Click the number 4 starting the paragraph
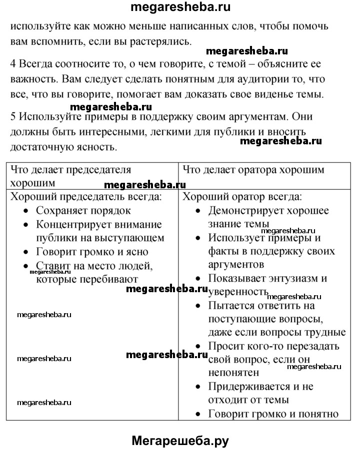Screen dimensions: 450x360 click(x=13, y=64)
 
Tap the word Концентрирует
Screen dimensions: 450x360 click(x=73, y=225)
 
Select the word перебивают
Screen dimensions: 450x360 click(x=104, y=279)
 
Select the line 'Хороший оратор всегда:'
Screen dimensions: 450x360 click(x=242, y=197)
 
